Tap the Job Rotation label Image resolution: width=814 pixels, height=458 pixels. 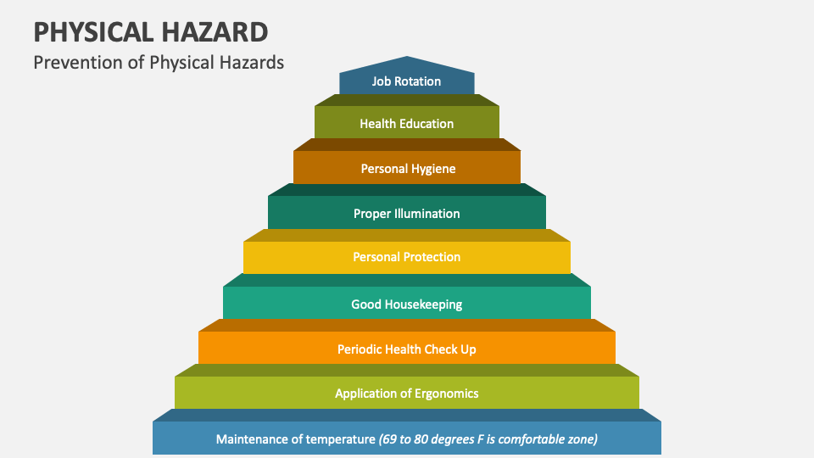tap(406, 81)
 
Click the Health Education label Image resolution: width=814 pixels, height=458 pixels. tap(406, 124)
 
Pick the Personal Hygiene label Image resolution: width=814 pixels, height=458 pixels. tap(408, 169)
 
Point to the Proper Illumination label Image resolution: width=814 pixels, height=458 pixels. tap(406, 214)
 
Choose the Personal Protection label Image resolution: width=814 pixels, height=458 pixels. tap(406, 257)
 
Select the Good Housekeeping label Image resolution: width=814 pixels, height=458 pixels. tap(406, 304)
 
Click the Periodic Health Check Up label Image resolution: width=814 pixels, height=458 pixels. tap(406, 349)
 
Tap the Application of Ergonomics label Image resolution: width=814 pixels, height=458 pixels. tap(406, 394)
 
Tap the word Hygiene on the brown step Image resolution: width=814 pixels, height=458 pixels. tap(434, 169)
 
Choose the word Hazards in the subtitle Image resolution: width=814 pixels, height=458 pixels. tap(256, 63)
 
